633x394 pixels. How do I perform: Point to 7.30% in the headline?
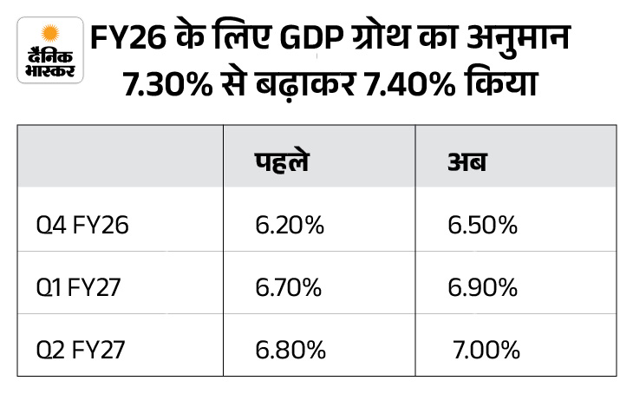point(162,89)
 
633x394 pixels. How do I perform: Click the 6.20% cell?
point(290,227)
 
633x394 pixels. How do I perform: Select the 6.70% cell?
point(290,288)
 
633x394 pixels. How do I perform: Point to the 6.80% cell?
point(290,350)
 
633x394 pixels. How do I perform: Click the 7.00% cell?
point(486,350)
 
